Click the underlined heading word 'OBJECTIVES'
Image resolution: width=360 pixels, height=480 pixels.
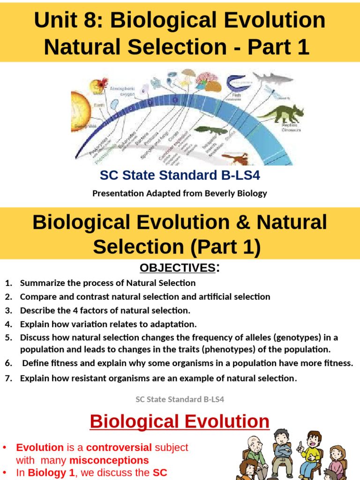tap(177, 268)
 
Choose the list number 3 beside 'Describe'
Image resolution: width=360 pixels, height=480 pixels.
tap(8, 310)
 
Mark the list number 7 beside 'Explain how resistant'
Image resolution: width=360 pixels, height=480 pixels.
tap(8, 379)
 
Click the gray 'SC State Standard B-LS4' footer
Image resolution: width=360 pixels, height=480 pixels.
tap(180, 399)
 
